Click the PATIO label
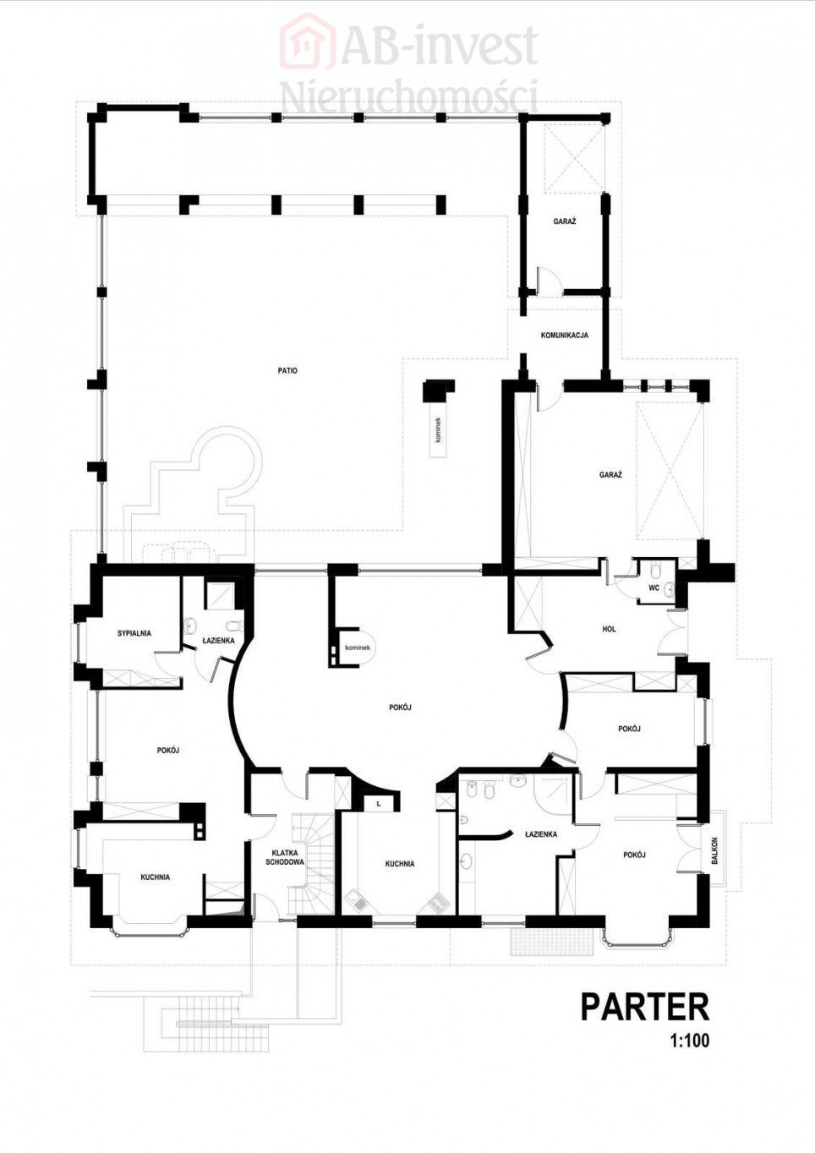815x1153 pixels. pos(287,370)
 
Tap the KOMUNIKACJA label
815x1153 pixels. pos(564,335)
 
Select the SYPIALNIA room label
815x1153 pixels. pos(134,633)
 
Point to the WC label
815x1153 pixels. pos(654,587)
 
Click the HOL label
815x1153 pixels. pos(609,629)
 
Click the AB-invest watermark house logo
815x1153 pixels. pos(308,41)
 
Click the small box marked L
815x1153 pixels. pos(379,804)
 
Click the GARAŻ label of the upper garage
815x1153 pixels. pos(564,221)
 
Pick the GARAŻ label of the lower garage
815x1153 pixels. pos(610,474)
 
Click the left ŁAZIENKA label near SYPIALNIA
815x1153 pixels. pos(218,641)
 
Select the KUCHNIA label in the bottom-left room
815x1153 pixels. pos(156,877)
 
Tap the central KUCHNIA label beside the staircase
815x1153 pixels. pos(400,864)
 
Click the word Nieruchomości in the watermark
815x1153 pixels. pos(409,95)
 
